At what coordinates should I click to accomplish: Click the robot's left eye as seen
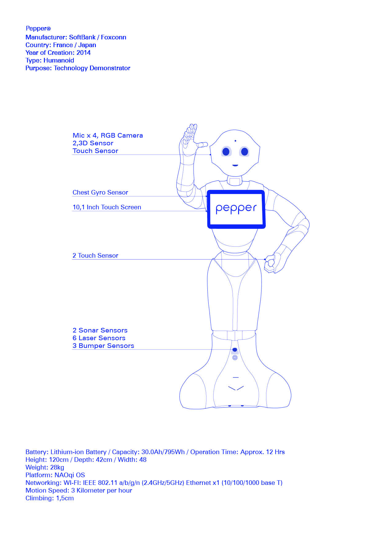tap(226, 151)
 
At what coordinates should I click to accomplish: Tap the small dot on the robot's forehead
tap(235, 141)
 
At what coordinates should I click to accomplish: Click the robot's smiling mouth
tap(235, 165)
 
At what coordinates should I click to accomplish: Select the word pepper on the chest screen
tap(236, 208)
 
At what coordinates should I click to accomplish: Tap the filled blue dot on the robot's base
tap(235, 350)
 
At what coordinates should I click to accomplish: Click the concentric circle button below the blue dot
tap(235, 358)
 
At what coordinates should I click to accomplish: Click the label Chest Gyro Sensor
tap(100, 192)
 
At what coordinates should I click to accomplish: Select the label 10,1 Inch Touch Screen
tap(107, 207)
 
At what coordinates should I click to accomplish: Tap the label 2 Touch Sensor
tap(95, 256)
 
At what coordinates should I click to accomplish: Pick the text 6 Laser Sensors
tap(99, 338)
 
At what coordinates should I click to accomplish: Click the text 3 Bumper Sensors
tap(103, 346)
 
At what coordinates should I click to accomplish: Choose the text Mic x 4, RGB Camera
tap(108, 135)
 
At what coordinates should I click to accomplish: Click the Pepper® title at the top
tap(38, 29)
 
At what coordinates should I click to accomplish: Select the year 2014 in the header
tap(84, 53)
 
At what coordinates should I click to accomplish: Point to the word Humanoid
tap(59, 60)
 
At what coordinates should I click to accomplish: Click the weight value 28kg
tap(57, 467)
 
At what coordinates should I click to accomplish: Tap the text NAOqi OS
tap(70, 475)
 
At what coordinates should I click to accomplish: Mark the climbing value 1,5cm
tap(65, 498)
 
